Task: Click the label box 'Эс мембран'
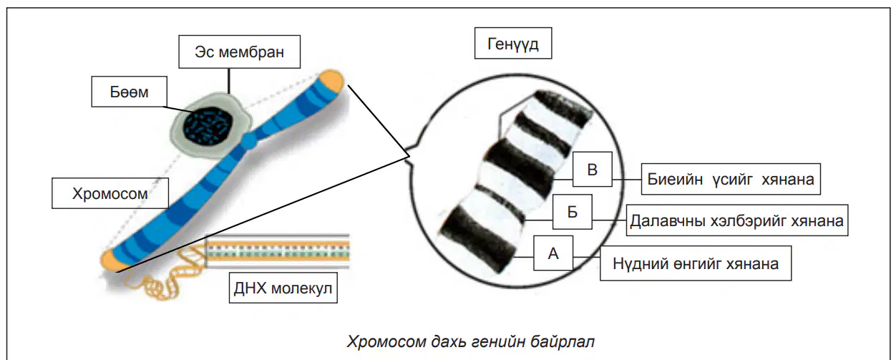(239, 52)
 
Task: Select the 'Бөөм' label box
(130, 92)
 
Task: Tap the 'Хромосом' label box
(110, 193)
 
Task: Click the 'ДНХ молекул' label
(283, 288)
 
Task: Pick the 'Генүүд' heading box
(513, 43)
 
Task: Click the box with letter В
(593, 169)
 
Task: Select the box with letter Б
(573, 212)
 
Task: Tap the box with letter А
(553, 253)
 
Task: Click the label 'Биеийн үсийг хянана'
(731, 179)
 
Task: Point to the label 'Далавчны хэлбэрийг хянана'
(737, 220)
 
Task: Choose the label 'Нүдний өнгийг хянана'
(696, 263)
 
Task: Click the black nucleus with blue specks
(208, 127)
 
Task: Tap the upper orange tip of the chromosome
(331, 81)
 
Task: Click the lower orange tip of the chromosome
(111, 260)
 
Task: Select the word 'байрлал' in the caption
(563, 341)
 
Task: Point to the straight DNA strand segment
(277, 250)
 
